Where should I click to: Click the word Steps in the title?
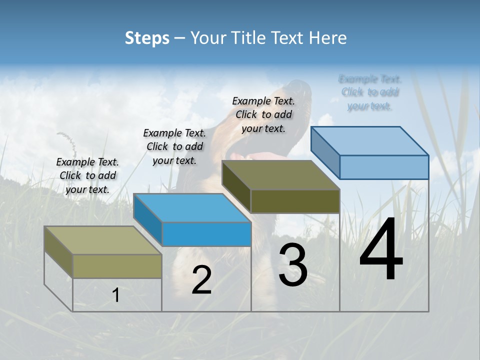(147, 38)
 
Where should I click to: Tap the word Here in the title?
(328, 38)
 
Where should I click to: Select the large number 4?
(381, 251)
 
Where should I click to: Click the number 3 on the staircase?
(293, 265)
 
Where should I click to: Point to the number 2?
(201, 280)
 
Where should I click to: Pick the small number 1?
(115, 295)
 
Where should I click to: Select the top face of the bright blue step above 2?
(192, 208)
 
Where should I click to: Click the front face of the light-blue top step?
(384, 167)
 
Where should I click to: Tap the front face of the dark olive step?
(295, 201)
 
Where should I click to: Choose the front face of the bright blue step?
(206, 234)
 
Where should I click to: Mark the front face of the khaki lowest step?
(117, 266)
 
